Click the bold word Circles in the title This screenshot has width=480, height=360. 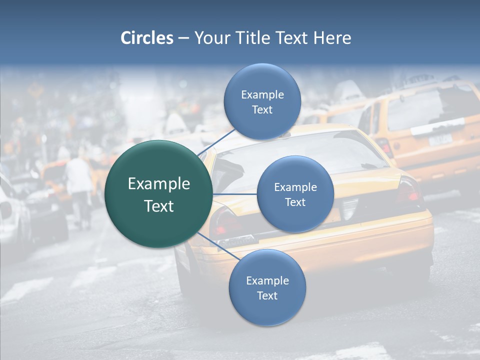click(x=146, y=38)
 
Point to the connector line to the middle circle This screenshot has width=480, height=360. click(x=235, y=194)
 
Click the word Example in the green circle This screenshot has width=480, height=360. click(x=159, y=184)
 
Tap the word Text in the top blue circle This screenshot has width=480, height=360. click(x=262, y=109)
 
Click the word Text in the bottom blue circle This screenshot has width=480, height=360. click(x=267, y=295)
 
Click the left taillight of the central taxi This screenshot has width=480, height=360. click(x=223, y=222)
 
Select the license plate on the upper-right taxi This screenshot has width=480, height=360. click(x=440, y=139)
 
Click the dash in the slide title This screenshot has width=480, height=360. click(x=183, y=38)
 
